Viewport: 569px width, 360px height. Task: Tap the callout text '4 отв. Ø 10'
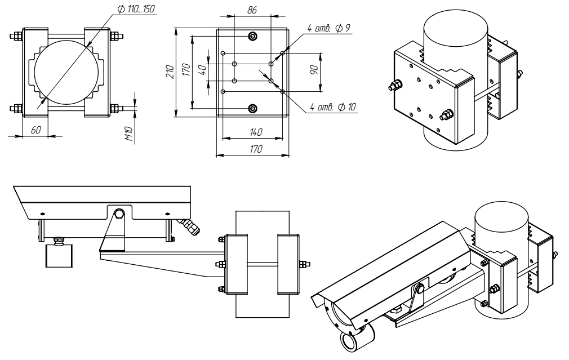click(x=333, y=106)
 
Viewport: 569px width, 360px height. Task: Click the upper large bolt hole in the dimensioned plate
click(x=252, y=37)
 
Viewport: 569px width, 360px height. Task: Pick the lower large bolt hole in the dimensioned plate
click(x=252, y=108)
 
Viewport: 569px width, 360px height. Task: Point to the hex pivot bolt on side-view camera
click(x=119, y=214)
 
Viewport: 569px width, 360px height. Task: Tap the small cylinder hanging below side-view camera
click(x=59, y=256)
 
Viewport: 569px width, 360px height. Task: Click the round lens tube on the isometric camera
click(x=353, y=339)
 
